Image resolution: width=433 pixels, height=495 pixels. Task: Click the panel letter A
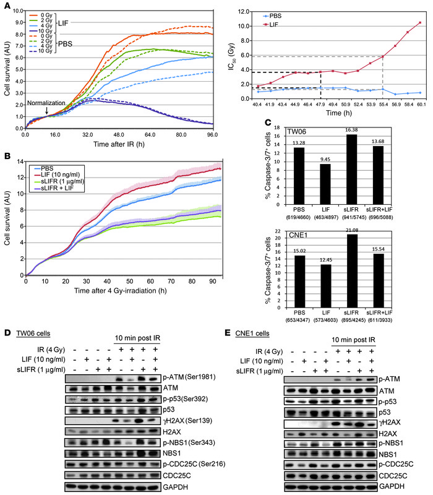(x=6, y=6)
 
